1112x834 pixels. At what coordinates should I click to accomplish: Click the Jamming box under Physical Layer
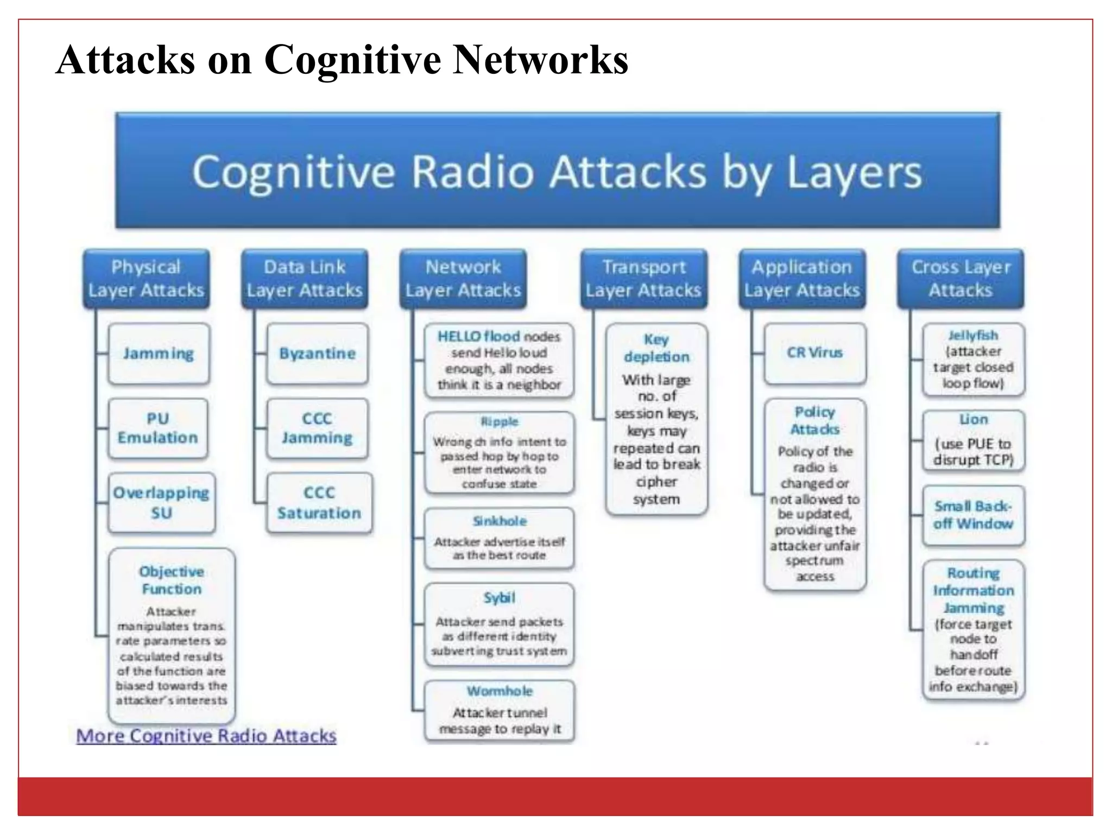click(158, 354)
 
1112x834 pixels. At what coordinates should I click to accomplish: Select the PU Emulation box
click(157, 428)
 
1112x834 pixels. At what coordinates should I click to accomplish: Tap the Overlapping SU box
click(161, 503)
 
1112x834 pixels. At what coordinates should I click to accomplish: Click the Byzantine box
click(317, 354)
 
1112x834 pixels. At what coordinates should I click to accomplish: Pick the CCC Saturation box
click(319, 503)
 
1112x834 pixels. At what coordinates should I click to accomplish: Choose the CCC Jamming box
click(317, 428)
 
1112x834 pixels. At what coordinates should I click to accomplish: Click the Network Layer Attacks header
click(463, 279)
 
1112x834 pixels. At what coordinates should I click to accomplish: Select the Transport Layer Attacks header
click(643, 279)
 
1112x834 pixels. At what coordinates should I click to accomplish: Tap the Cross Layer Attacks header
click(961, 279)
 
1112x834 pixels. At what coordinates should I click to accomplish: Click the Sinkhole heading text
click(500, 521)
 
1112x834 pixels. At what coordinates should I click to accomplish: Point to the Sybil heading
click(499, 598)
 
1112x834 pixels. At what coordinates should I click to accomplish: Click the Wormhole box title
click(500, 691)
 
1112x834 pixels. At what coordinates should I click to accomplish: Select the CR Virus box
click(814, 353)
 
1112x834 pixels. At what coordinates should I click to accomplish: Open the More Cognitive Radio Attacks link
click(206, 736)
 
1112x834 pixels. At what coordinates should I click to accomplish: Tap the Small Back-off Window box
click(973, 515)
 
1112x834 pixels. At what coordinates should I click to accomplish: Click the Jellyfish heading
click(973, 336)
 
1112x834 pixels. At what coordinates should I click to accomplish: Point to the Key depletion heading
click(656, 348)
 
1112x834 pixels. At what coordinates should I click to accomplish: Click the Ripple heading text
click(500, 422)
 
